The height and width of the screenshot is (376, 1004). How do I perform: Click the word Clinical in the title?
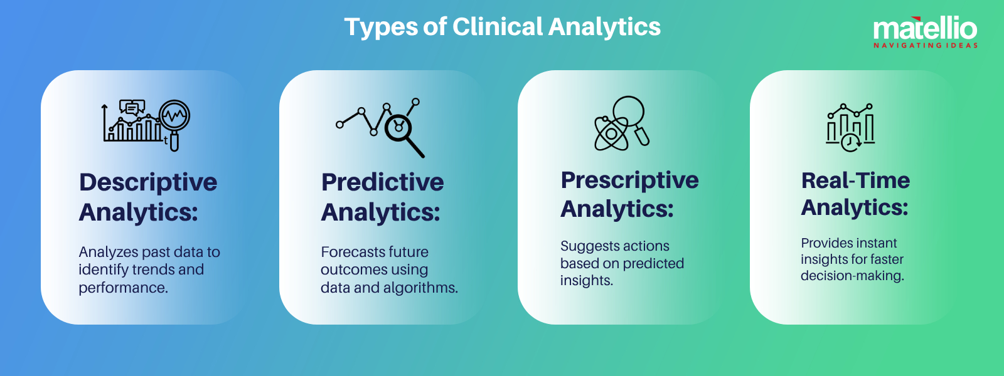pyautogui.click(x=498, y=27)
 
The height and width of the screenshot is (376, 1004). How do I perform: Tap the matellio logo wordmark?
pyautogui.click(x=925, y=29)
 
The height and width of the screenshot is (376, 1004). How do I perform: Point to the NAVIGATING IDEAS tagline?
pyautogui.click(x=926, y=45)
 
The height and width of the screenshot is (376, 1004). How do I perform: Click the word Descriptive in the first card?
pyautogui.click(x=148, y=182)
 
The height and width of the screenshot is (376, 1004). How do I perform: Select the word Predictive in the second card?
pyautogui.click(x=382, y=182)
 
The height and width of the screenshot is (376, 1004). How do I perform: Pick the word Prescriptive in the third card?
pyautogui.click(x=629, y=180)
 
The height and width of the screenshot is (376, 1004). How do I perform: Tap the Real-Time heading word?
pyautogui.click(x=855, y=180)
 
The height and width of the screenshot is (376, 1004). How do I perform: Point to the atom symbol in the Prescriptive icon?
pyautogui.click(x=611, y=133)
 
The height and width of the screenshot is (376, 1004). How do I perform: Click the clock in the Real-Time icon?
pyautogui.click(x=850, y=142)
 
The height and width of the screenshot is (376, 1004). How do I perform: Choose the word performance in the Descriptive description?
pyautogui.click(x=123, y=288)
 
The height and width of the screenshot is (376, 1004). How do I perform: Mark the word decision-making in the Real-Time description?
pyautogui.click(x=852, y=276)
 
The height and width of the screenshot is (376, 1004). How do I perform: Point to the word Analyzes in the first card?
pyautogui.click(x=108, y=253)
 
